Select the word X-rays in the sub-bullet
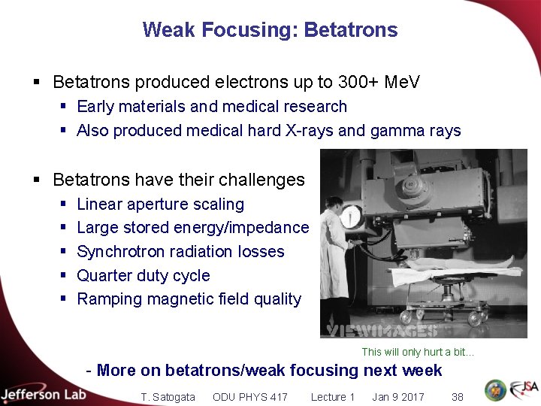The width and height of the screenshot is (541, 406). point(310,131)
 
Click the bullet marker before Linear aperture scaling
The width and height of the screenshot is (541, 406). point(65,205)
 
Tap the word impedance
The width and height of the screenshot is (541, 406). point(271,228)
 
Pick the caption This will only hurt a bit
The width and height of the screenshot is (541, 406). point(418,352)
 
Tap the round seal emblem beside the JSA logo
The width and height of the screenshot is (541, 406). point(495,390)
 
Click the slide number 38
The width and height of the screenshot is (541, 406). point(457,397)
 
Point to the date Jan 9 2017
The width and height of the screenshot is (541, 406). point(397,397)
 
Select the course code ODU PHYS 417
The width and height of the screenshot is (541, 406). point(249,397)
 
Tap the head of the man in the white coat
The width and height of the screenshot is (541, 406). point(335,204)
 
